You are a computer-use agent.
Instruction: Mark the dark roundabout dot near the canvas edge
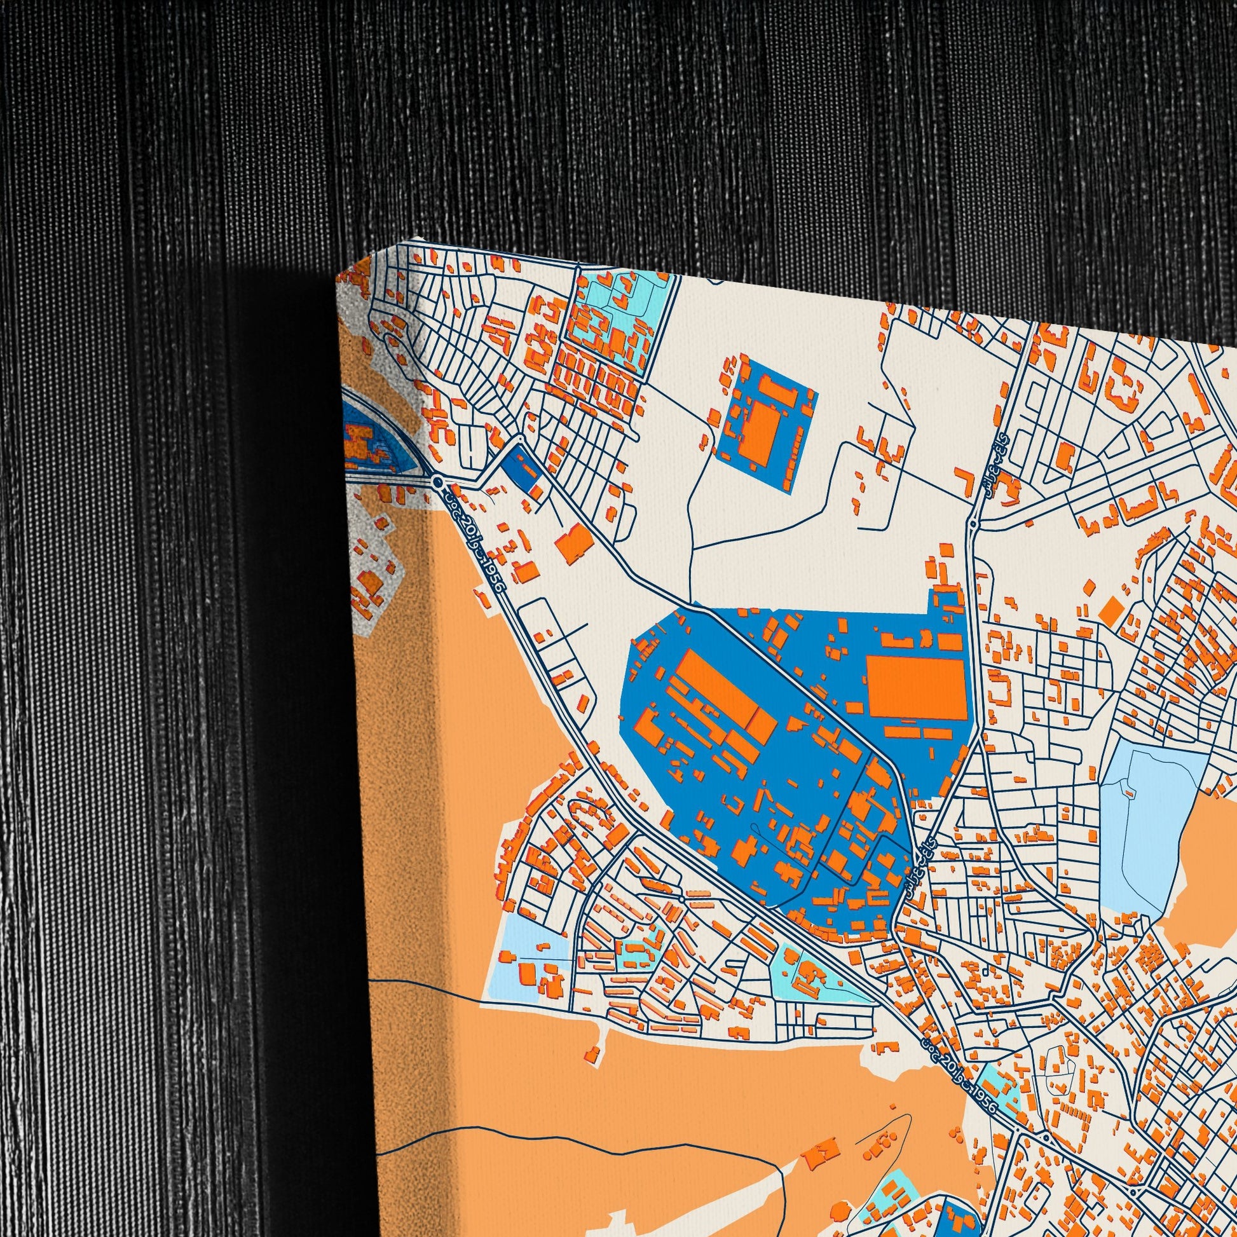pyautogui.click(x=437, y=481)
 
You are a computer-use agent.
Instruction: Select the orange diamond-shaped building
pyautogui.click(x=1111, y=609)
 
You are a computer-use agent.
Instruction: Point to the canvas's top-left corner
pyautogui.click(x=338, y=277)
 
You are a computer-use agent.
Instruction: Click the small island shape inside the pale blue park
pyautogui.click(x=1129, y=793)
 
